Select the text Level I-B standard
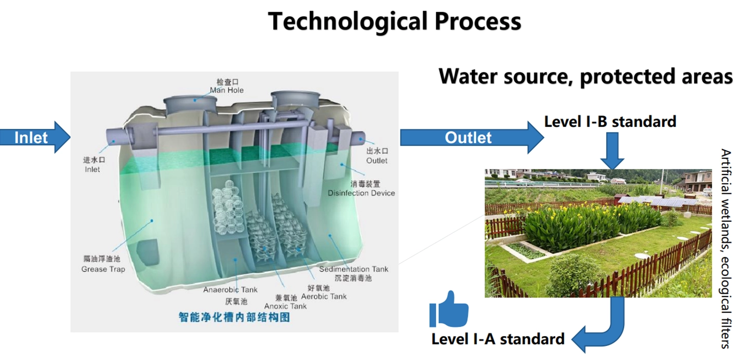point(610,122)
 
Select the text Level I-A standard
point(498,339)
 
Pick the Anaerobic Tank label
point(230,290)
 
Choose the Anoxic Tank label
point(285,306)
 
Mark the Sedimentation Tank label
point(354,269)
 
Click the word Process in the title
point(477,22)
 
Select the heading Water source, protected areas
point(585,76)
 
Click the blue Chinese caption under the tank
point(234,317)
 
